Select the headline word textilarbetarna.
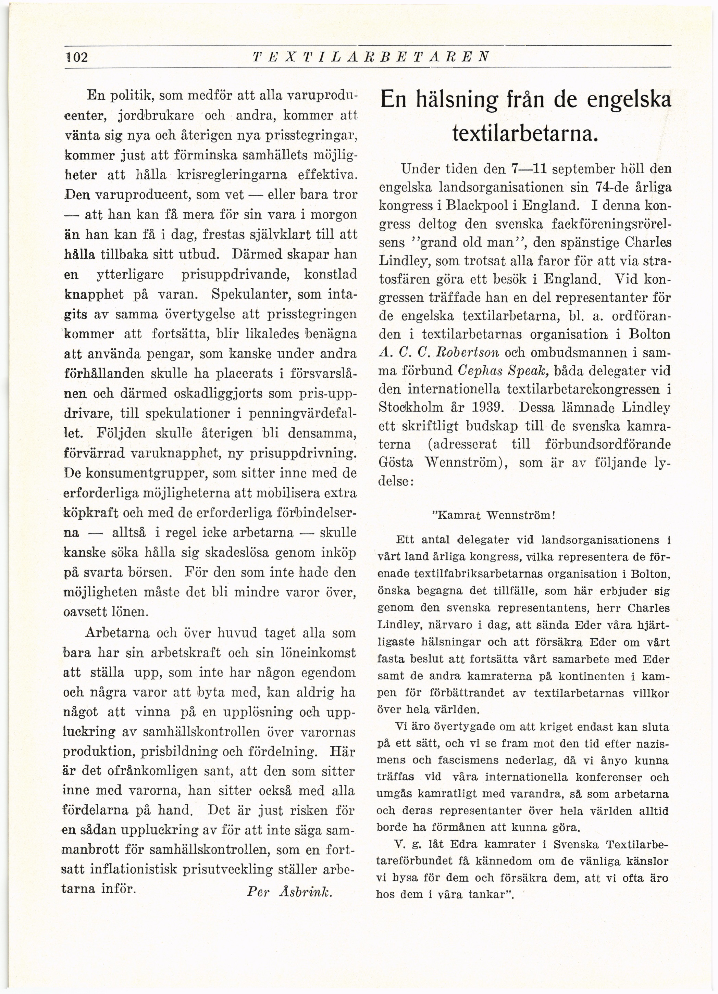point(524,133)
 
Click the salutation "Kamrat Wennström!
point(494,515)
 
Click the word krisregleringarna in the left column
point(232,175)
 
